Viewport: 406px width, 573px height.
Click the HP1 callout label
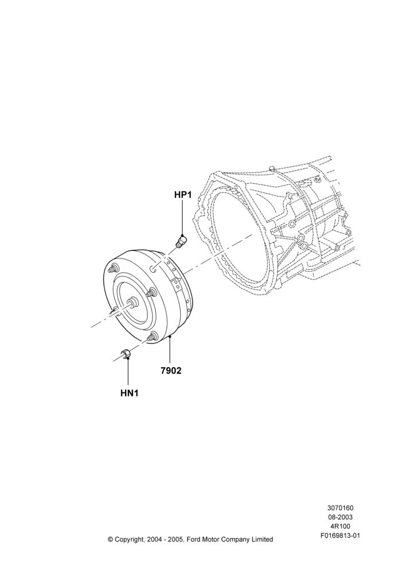point(183,195)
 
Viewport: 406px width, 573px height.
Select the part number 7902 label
point(171,371)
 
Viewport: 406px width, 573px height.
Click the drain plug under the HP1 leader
point(181,242)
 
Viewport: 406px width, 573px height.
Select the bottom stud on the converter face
point(151,337)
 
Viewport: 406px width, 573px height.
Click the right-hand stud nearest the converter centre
point(151,292)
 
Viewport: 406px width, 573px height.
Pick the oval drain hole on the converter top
point(153,269)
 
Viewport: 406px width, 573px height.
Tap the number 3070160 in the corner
point(340,508)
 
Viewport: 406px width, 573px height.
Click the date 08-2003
point(340,517)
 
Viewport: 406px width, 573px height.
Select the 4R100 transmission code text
point(340,527)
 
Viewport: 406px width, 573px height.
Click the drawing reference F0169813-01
point(340,536)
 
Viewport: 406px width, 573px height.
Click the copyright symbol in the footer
point(111,539)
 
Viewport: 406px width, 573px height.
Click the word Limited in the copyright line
point(262,539)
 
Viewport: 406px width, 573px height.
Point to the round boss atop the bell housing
point(271,168)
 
